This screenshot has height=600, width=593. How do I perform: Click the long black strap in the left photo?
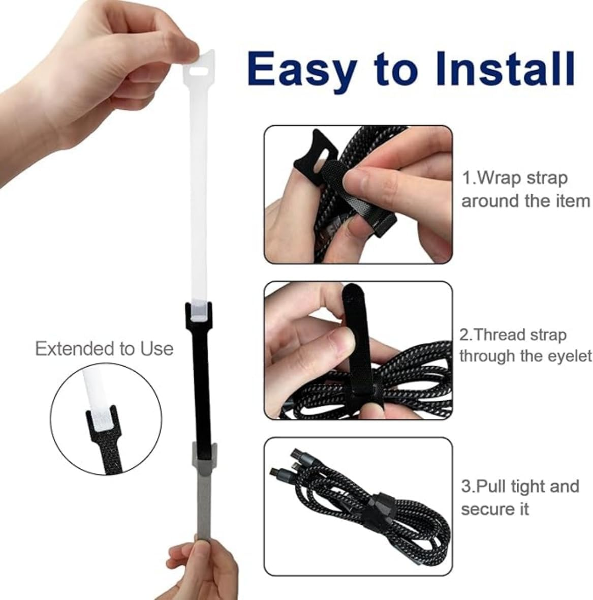click(x=201, y=386)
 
